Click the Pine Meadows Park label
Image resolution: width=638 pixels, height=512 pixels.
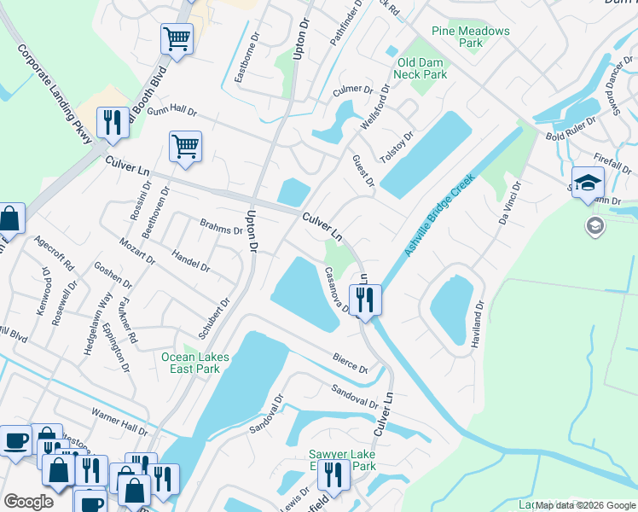tap(470, 37)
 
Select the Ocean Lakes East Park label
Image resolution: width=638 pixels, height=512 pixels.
tap(191, 363)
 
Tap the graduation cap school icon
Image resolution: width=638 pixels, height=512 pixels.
tap(588, 183)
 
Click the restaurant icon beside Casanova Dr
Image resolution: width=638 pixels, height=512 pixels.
tap(364, 300)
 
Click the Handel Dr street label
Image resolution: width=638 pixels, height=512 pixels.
tap(191, 261)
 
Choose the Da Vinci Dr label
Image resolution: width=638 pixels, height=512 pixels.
tap(509, 203)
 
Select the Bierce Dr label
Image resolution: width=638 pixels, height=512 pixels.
tap(350, 364)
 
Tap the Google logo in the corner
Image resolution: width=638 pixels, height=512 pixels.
tap(29, 501)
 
